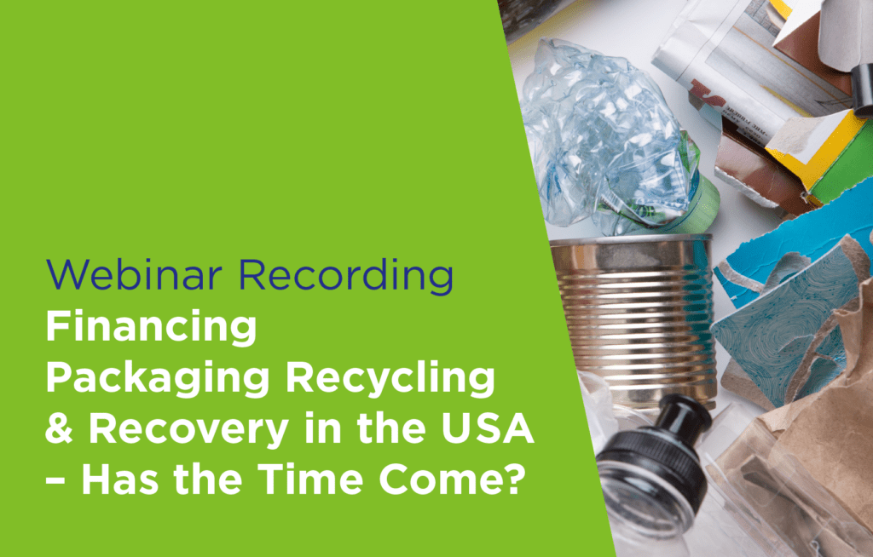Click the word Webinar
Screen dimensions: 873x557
[134, 274]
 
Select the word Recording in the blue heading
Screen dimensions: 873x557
[346, 275]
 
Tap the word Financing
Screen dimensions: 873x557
[151, 328]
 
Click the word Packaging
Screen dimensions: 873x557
[158, 379]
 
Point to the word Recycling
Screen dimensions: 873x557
[390, 379]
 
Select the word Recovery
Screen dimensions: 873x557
[188, 430]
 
